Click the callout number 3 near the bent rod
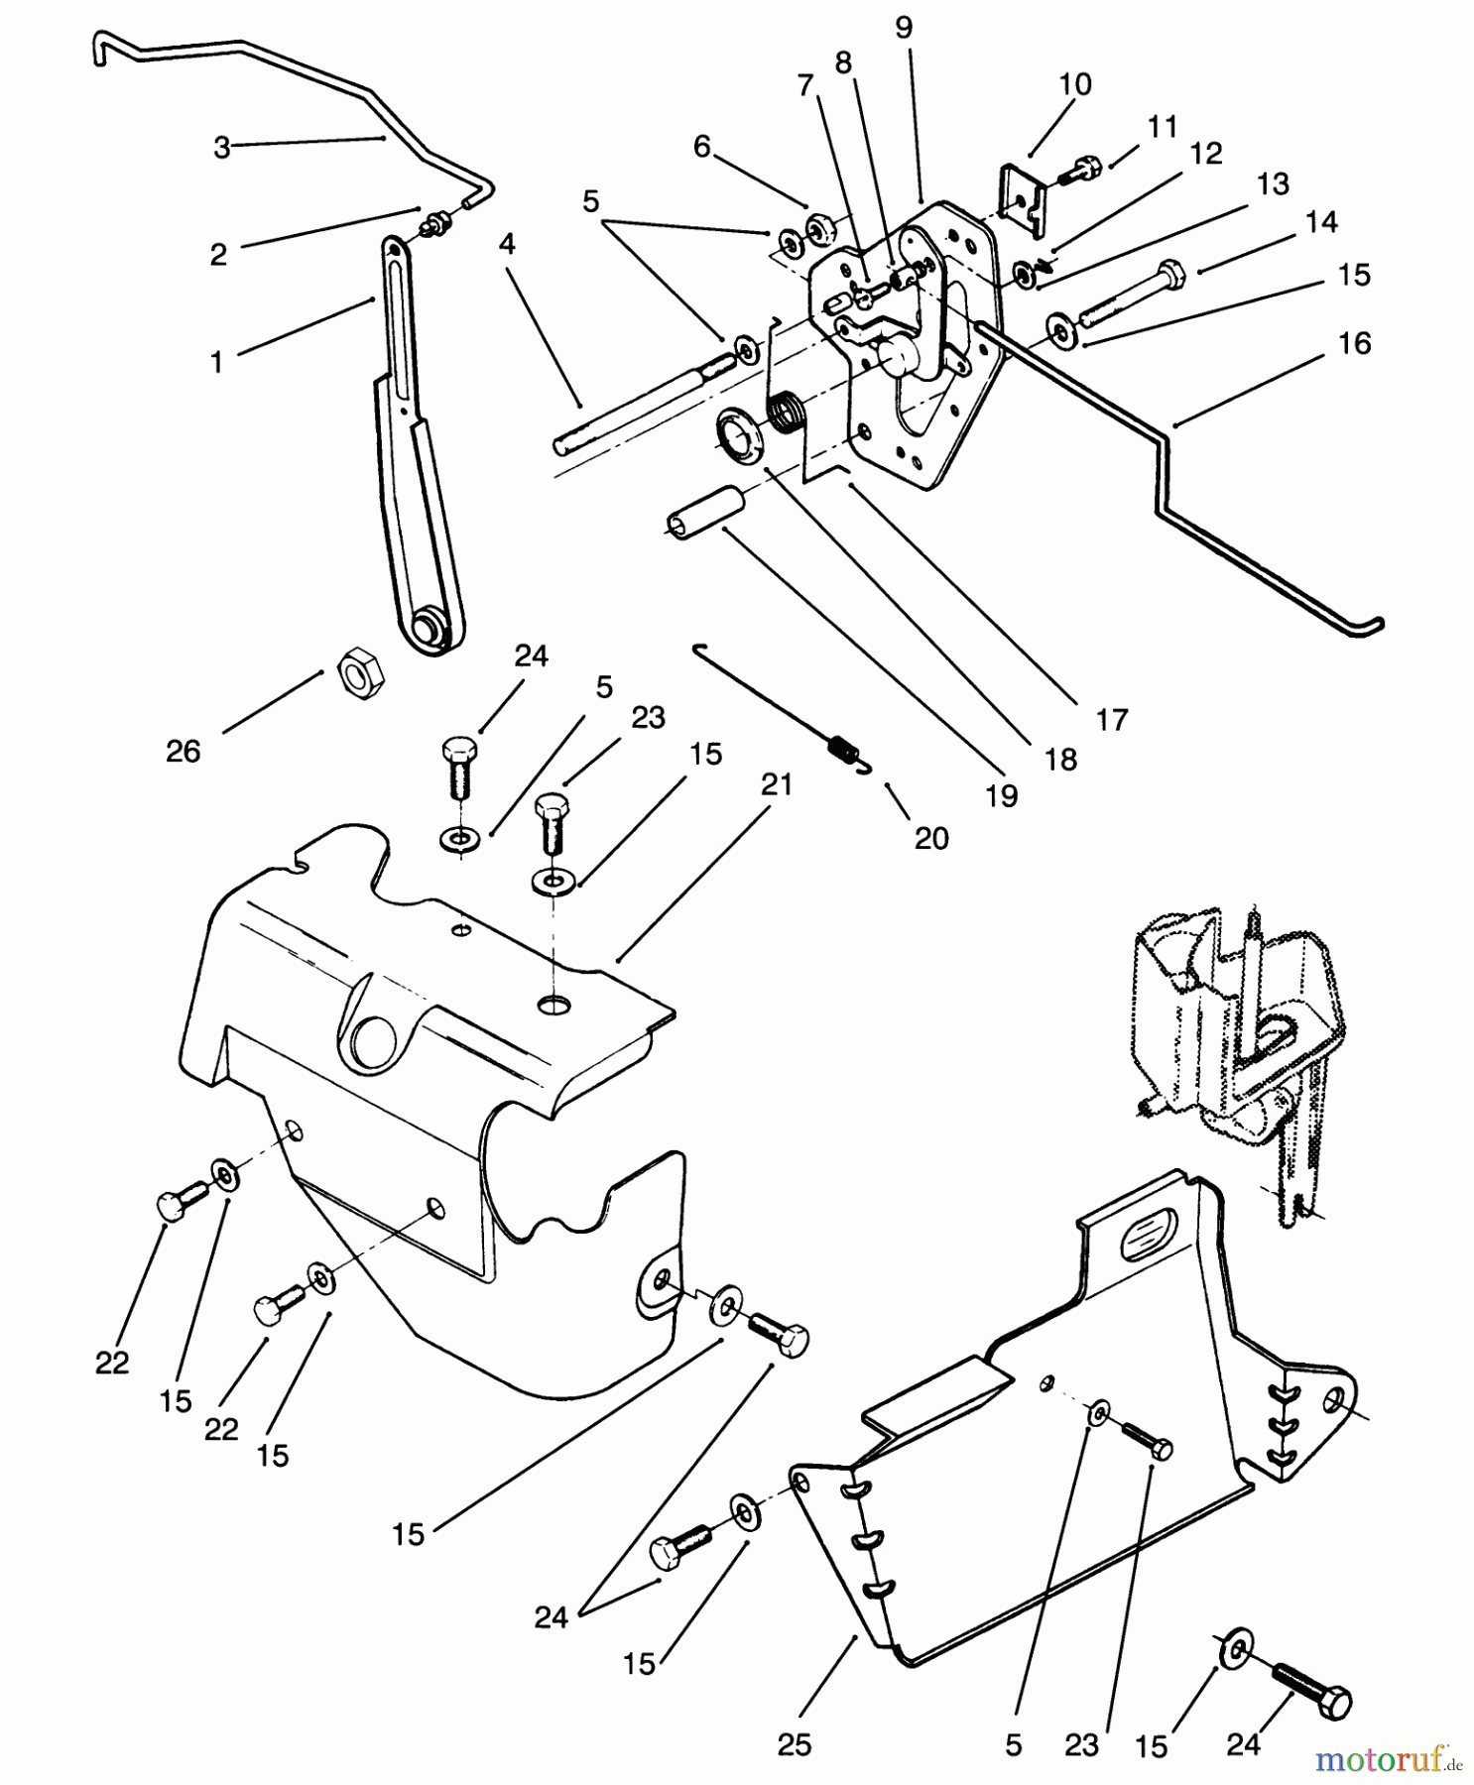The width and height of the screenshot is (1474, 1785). tap(222, 148)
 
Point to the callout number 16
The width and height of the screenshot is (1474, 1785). tap(1354, 344)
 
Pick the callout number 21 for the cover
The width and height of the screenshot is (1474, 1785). tap(777, 784)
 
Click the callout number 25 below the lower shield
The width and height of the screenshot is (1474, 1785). tap(795, 1744)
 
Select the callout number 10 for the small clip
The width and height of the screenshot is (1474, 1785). tap(1075, 84)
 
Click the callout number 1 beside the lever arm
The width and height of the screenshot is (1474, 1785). tap(216, 363)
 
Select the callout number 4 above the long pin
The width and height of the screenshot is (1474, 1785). tap(507, 245)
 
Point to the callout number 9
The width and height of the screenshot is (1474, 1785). tap(903, 28)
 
